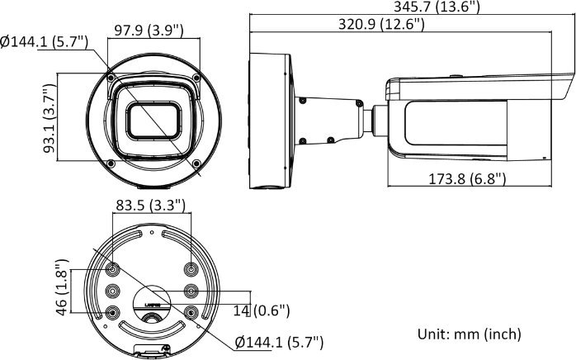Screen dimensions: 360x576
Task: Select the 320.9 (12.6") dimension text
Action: pos(381,25)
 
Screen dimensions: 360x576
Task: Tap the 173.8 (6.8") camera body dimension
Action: pos(467,178)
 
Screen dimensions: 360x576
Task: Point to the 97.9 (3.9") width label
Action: pos(149,31)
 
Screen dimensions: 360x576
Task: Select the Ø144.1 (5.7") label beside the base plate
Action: pos(279,341)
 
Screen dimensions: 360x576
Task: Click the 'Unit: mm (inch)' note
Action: pos(467,334)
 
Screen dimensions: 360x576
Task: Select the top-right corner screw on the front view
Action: pos(196,76)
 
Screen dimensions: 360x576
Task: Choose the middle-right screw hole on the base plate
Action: pos(191,290)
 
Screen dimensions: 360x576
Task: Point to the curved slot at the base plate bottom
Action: pos(151,331)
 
